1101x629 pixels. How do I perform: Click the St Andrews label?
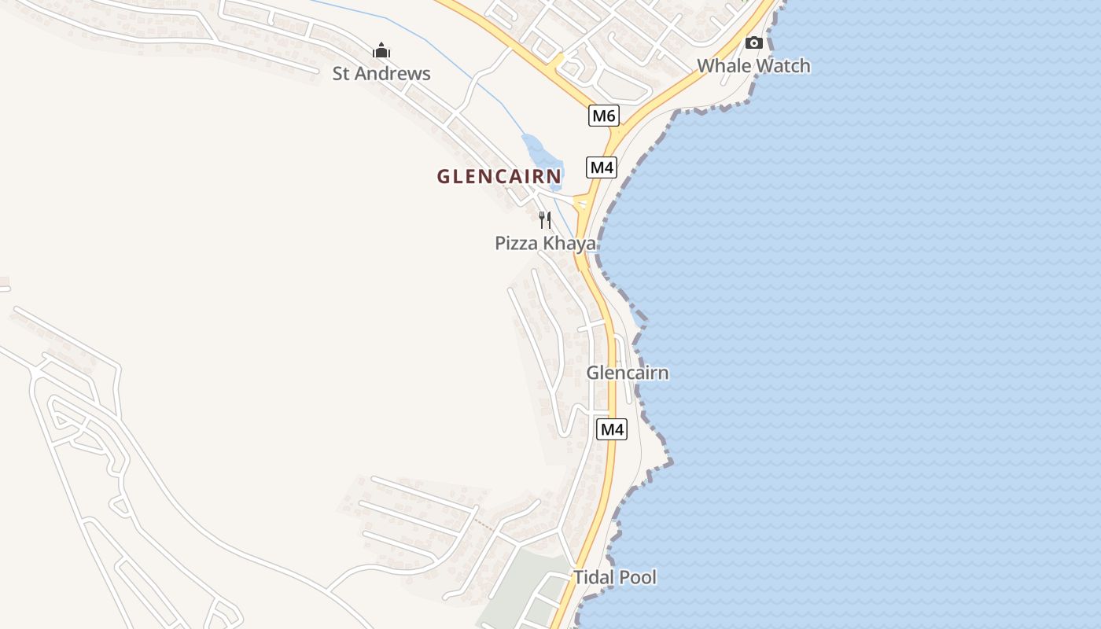381,74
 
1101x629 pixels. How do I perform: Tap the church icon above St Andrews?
381,51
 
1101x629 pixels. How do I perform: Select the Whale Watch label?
753,66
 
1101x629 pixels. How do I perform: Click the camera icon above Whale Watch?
754,42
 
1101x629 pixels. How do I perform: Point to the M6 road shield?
603,116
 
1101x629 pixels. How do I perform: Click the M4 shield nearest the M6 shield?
601,167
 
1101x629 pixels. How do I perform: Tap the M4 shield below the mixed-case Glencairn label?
612,429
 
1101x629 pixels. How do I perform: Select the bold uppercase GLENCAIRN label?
499,176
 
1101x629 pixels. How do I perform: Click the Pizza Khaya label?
545,244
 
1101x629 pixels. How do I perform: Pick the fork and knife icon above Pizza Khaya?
544,219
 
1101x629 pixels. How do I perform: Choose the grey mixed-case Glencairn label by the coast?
628,373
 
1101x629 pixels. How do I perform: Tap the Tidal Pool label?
614,577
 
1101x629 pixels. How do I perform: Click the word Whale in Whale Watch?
722,66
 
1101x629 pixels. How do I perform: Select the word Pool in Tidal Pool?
638,577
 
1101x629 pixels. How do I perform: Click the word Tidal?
594,577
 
